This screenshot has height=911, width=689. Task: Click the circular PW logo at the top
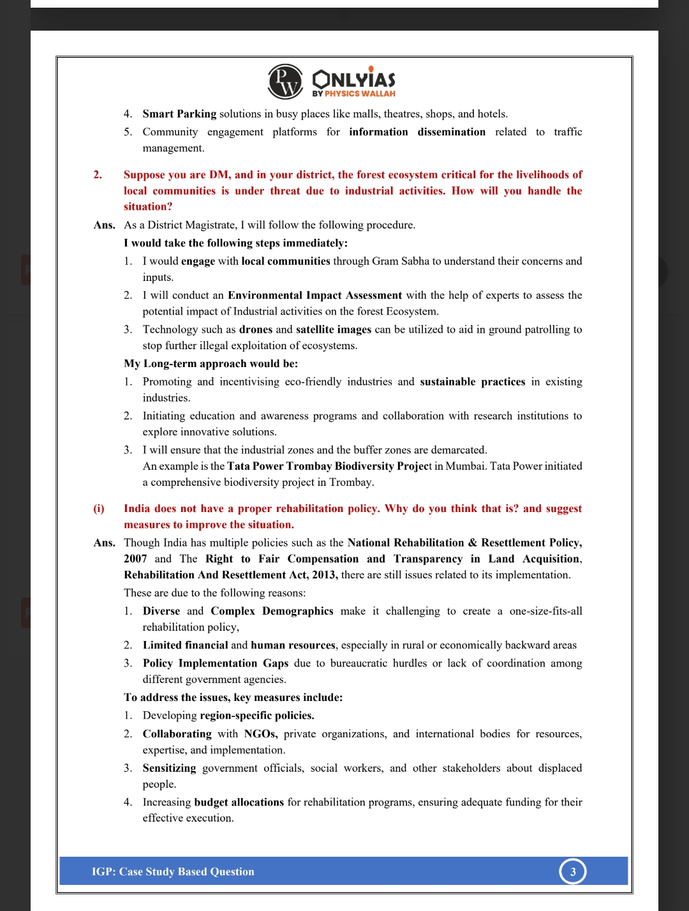[x=285, y=81]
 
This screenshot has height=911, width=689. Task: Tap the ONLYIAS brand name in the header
[x=354, y=79]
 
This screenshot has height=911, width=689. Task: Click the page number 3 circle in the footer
[x=573, y=871]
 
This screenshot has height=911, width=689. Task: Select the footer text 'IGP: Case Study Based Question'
[x=173, y=871]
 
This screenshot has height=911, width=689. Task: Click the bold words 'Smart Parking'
[x=179, y=114]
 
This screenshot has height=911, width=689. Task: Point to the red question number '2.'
[x=98, y=174]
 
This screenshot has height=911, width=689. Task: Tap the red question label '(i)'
[x=99, y=508]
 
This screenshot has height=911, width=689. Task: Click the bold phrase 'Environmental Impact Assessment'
[x=315, y=295]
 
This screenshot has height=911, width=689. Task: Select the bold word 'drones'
[x=256, y=329]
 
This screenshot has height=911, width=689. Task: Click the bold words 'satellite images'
[x=334, y=329]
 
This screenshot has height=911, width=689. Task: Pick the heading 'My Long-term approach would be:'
[x=211, y=363]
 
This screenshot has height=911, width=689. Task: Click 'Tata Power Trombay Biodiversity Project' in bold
[x=329, y=466]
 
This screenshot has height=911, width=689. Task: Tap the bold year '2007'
[x=135, y=559]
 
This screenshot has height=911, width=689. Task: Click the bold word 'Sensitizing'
[x=169, y=768]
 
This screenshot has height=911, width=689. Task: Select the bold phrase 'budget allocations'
[x=239, y=802]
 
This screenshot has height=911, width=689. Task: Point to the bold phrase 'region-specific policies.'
[x=257, y=715]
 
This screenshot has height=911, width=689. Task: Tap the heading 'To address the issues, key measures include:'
[x=233, y=697]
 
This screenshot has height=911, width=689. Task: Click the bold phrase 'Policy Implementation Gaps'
[x=216, y=663]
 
